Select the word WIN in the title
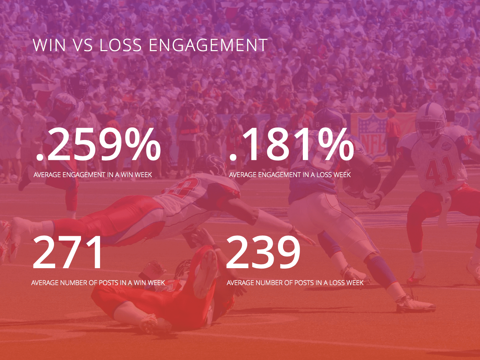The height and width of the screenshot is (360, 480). click(x=49, y=45)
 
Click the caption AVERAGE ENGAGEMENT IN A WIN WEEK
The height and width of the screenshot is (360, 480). click(x=93, y=175)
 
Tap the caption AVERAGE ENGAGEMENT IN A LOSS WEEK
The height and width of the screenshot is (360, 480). click(x=290, y=175)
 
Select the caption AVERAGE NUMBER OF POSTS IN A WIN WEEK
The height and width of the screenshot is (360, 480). click(x=98, y=283)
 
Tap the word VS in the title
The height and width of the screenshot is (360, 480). click(x=83, y=45)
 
